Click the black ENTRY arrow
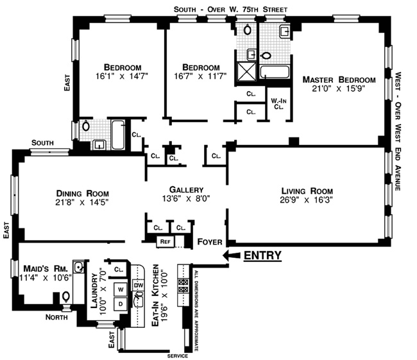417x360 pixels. pyautogui.click(x=232, y=255)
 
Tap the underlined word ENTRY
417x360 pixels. pyautogui.click(x=262, y=255)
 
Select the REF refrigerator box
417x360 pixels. pyautogui.click(x=165, y=241)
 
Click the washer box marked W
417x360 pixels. pyautogui.click(x=121, y=289)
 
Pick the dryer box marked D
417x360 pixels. pyautogui.click(x=121, y=304)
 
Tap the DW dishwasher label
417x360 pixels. pyautogui.click(x=139, y=286)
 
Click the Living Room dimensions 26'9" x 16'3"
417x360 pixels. pyautogui.click(x=307, y=200)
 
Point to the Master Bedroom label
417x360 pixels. pyautogui.click(x=339, y=80)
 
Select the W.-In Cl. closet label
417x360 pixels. pyautogui.click(x=278, y=104)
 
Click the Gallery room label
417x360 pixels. pyautogui.click(x=186, y=189)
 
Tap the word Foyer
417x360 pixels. pyautogui.click(x=210, y=242)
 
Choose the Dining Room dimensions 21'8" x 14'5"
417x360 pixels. pyautogui.click(x=82, y=203)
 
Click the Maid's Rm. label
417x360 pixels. pyautogui.click(x=46, y=268)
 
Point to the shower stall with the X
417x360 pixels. pyautogui.click(x=246, y=71)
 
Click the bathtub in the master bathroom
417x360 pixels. pyautogui.click(x=275, y=72)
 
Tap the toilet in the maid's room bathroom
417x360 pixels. pyautogui.click(x=66, y=296)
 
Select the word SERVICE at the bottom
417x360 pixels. pyautogui.click(x=178, y=356)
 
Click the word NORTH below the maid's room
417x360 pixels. pyautogui.click(x=56, y=317)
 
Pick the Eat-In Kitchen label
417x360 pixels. pyautogui.click(x=155, y=295)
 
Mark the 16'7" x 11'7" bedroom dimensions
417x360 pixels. pyautogui.click(x=200, y=76)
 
